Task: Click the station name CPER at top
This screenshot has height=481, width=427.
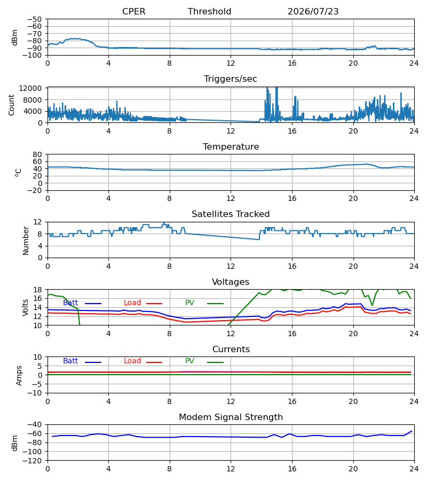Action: pyautogui.click(x=133, y=12)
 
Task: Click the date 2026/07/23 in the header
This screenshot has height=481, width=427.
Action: pyautogui.click(x=313, y=12)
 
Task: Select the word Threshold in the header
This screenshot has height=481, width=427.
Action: pyautogui.click(x=210, y=12)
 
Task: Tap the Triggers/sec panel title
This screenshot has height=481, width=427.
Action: pyautogui.click(x=231, y=79)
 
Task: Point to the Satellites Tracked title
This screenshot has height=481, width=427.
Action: pyautogui.click(x=231, y=214)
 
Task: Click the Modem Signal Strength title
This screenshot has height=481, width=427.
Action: pyautogui.click(x=231, y=417)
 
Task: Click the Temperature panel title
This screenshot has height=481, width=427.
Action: pyautogui.click(x=231, y=146)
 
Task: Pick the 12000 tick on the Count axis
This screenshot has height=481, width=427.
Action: pyautogui.click(x=30, y=88)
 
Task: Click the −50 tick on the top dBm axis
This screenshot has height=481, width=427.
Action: pyautogui.click(x=34, y=19)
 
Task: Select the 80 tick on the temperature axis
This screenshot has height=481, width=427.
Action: pyautogui.click(x=37, y=154)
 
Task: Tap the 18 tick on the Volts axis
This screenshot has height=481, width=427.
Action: pyautogui.click(x=37, y=290)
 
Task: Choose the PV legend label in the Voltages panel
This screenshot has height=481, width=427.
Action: pyautogui.click(x=189, y=303)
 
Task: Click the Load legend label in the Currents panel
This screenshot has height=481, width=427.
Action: pyautogui.click(x=132, y=361)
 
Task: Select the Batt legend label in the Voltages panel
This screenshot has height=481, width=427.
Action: pyautogui.click(x=70, y=303)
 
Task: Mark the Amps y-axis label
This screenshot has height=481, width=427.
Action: pyautogui.click(x=19, y=376)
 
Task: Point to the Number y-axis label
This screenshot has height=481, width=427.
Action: pyautogui.click(x=26, y=241)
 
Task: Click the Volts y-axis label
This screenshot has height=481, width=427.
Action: pyautogui.click(x=26, y=308)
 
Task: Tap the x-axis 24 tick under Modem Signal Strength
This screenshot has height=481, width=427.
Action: pyautogui.click(x=414, y=469)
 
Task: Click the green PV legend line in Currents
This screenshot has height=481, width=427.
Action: pyautogui.click(x=215, y=362)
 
